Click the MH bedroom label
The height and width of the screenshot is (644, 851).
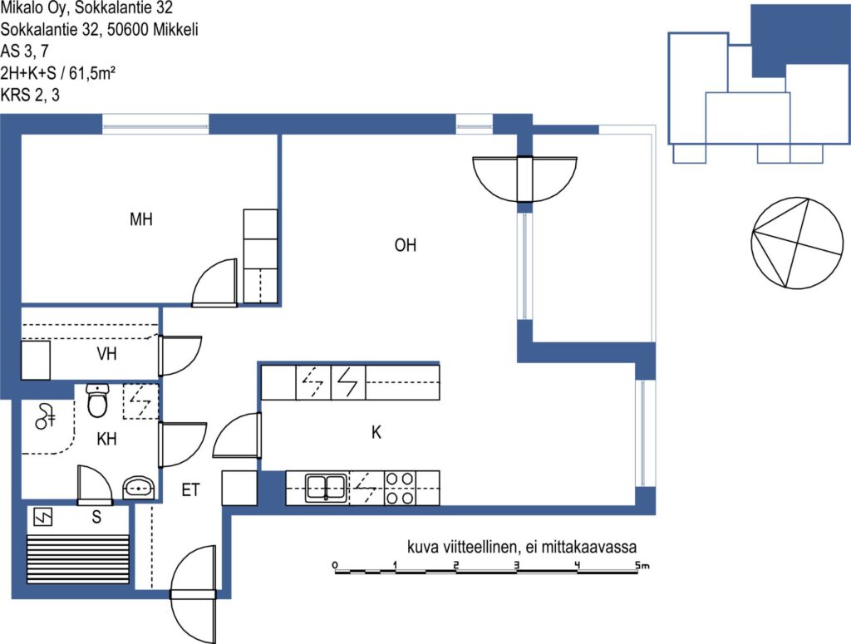click(141, 219)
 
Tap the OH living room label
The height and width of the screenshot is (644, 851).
click(406, 245)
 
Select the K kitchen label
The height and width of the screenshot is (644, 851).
click(376, 432)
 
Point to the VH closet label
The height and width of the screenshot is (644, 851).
click(106, 354)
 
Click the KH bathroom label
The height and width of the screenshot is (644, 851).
click(106, 439)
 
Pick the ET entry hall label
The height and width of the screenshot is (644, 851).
click(190, 490)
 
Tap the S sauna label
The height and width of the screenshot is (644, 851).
click(96, 517)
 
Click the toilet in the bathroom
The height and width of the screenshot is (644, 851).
click(98, 401)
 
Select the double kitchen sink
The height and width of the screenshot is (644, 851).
click(326, 488)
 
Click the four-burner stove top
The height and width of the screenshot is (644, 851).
click(400, 488)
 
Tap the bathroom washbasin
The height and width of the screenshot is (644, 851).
click(140, 487)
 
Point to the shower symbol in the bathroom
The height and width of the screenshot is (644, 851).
click(45, 416)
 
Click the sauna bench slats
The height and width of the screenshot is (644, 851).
click(77, 558)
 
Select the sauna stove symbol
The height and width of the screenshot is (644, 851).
click(43, 517)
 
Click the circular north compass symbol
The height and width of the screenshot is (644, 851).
click(797, 243)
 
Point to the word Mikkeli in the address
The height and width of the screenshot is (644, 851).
click(175, 29)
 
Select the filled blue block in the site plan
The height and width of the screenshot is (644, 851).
click(800, 41)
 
